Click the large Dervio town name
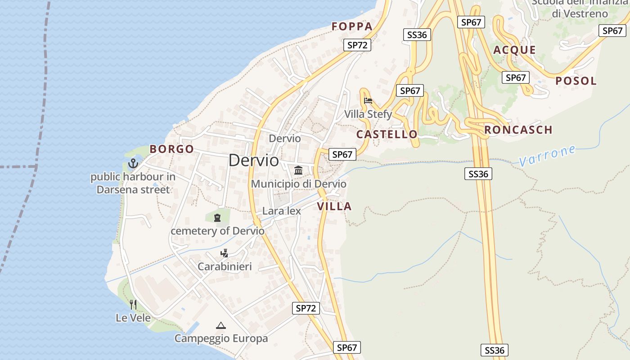click(253, 160)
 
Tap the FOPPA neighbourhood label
click(352, 27)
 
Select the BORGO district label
click(171, 149)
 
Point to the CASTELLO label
click(387, 134)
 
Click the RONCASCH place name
click(518, 130)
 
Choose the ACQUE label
click(514, 50)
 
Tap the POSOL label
click(576, 81)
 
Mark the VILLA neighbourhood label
click(334, 207)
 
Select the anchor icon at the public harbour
click(133, 163)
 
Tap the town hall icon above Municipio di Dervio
click(298, 171)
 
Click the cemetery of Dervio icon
click(217, 218)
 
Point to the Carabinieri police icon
click(224, 253)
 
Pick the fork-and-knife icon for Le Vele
click(133, 305)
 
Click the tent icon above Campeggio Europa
click(220, 325)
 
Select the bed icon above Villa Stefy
click(368, 101)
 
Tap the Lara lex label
click(281, 211)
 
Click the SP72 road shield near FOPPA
click(357, 45)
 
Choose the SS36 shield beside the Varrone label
click(478, 174)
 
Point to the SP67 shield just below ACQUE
click(515, 77)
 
